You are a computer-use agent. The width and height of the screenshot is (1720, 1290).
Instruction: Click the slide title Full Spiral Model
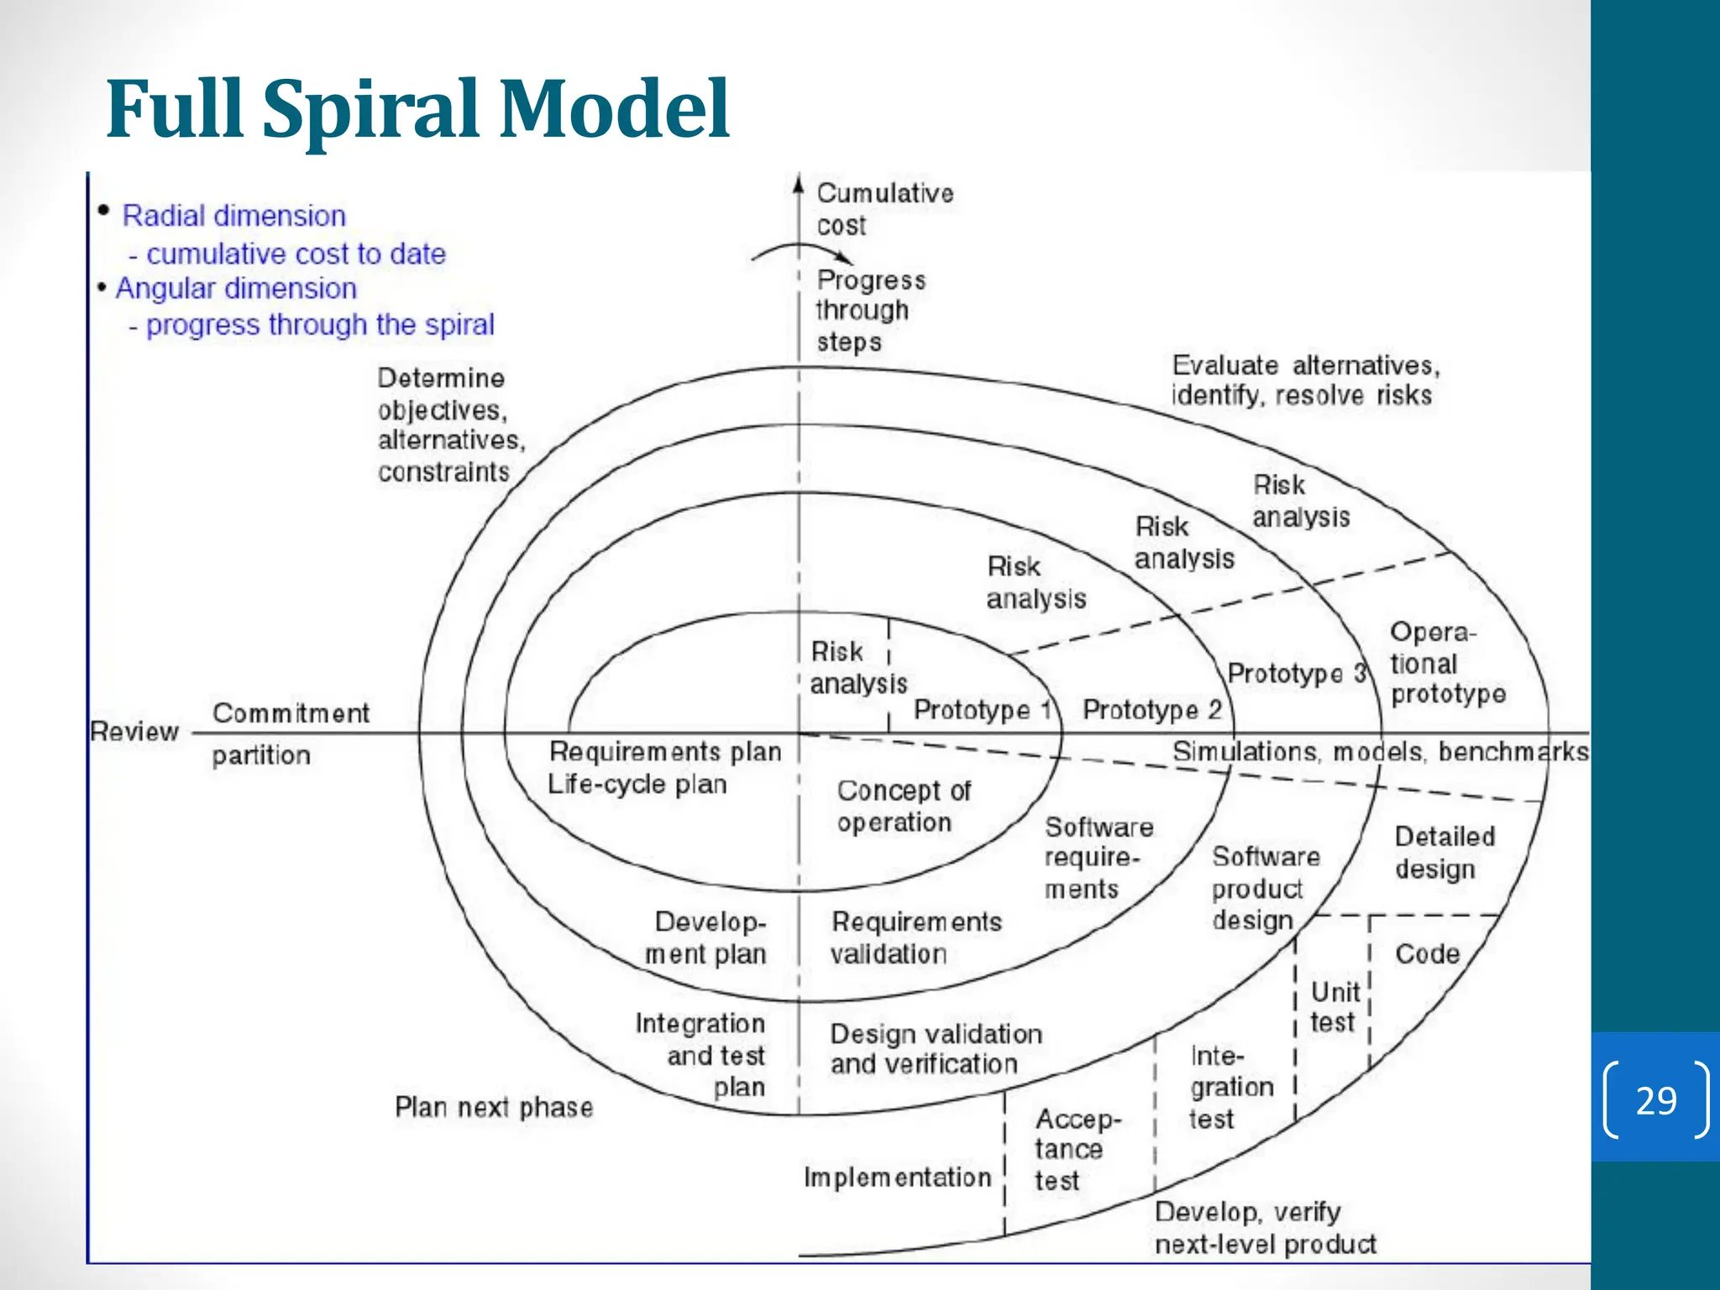pyautogui.click(x=417, y=109)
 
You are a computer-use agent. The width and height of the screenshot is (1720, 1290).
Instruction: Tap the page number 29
pyautogui.click(x=1655, y=1100)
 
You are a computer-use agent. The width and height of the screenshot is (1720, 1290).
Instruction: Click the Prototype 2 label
pyautogui.click(x=1151, y=711)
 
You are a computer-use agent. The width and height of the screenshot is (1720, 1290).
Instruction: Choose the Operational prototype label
pyautogui.click(x=1446, y=663)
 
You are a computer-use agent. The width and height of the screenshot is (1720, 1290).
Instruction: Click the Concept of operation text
pyautogui.click(x=903, y=806)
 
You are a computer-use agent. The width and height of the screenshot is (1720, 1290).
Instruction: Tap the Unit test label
pyautogui.click(x=1334, y=1007)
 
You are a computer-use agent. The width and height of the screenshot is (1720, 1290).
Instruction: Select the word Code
pyautogui.click(x=1427, y=954)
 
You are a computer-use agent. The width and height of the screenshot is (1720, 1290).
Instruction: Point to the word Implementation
pyautogui.click(x=897, y=1177)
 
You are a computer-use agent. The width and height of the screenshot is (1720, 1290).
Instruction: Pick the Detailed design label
pyautogui.click(x=1444, y=852)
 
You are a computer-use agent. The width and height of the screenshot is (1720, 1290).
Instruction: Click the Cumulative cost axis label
pyautogui.click(x=884, y=209)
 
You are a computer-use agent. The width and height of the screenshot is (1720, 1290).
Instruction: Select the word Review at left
pyautogui.click(x=134, y=732)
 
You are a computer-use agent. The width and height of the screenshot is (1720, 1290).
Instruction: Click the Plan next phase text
pyautogui.click(x=494, y=1108)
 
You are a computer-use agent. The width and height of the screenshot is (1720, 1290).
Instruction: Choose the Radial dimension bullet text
pyautogui.click(x=233, y=217)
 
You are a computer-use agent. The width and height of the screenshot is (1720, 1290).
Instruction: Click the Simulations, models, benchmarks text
pyautogui.click(x=1380, y=752)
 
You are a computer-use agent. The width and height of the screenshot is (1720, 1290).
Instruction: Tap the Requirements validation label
pyautogui.click(x=915, y=938)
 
